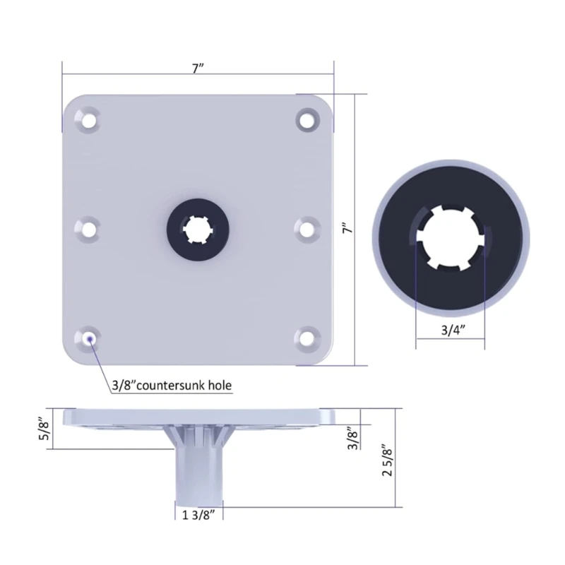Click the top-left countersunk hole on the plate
87,119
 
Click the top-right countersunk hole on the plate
307,119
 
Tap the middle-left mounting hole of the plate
87,229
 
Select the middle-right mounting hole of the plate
307,229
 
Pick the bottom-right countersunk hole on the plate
307,338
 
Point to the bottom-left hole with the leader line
88,339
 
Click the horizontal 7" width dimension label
198,68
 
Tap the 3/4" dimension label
453,330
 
